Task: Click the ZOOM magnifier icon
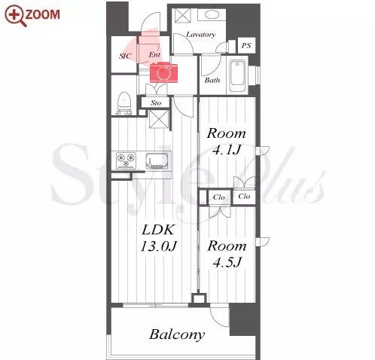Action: (x=16, y=16)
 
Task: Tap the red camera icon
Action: (x=163, y=72)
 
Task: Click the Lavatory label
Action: (x=200, y=35)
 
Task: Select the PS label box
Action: (x=246, y=45)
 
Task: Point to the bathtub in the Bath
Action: (x=237, y=75)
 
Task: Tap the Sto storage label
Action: (x=156, y=102)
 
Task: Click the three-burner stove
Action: (x=127, y=160)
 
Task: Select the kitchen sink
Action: (x=157, y=160)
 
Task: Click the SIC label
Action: (x=125, y=56)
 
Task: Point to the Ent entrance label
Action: (x=154, y=54)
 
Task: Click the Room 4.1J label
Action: (x=226, y=142)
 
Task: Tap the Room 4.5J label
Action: (x=227, y=254)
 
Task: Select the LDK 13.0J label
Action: (x=158, y=238)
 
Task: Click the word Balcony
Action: (x=177, y=334)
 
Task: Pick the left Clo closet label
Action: (x=218, y=197)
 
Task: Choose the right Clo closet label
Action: (x=244, y=197)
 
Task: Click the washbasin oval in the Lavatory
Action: (x=212, y=15)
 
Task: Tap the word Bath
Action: (x=212, y=81)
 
